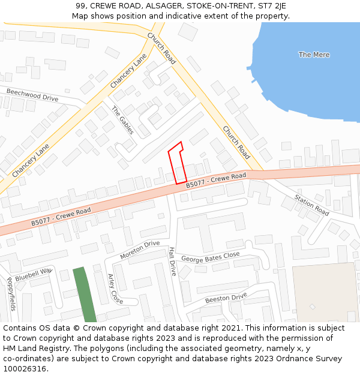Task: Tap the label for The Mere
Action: (x=314, y=55)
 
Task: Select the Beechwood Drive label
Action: (x=32, y=95)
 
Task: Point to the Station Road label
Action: (x=312, y=205)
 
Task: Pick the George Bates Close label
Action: (x=211, y=257)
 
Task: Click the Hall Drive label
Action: (x=172, y=261)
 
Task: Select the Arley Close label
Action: (x=115, y=289)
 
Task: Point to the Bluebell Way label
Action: (x=34, y=275)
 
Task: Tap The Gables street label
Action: (x=123, y=120)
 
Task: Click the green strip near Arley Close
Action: (x=85, y=294)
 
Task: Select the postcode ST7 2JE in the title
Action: (x=272, y=5)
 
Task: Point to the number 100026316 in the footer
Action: (x=25, y=368)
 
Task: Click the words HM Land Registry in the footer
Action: (x=35, y=348)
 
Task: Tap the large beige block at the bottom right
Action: (x=324, y=291)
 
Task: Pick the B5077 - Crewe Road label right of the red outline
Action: (x=216, y=180)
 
